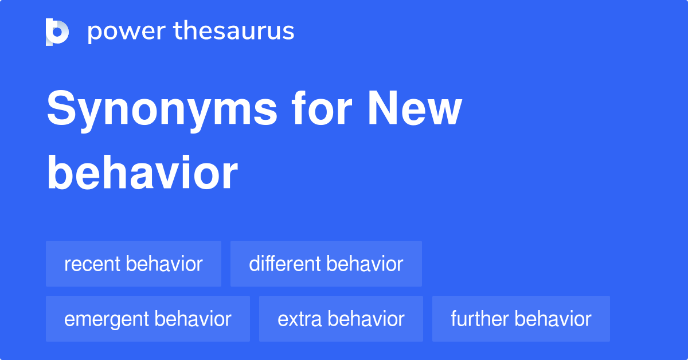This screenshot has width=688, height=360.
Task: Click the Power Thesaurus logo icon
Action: [x=57, y=32]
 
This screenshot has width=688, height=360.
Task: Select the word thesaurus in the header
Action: [x=234, y=32]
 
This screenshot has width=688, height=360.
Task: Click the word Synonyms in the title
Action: [x=162, y=110]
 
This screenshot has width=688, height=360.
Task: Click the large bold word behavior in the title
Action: [x=142, y=173]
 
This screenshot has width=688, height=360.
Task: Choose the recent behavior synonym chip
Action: [x=133, y=264]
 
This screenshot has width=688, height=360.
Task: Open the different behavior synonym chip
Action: [x=326, y=264]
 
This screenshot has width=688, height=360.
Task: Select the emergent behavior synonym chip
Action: [x=147, y=319]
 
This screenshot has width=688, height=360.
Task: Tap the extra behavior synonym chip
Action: [x=341, y=319]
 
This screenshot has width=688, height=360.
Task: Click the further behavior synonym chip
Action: [x=521, y=319]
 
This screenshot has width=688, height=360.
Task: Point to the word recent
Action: [x=92, y=264]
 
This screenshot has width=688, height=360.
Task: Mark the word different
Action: [x=285, y=264]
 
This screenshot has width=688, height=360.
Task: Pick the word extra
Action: [x=299, y=319]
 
